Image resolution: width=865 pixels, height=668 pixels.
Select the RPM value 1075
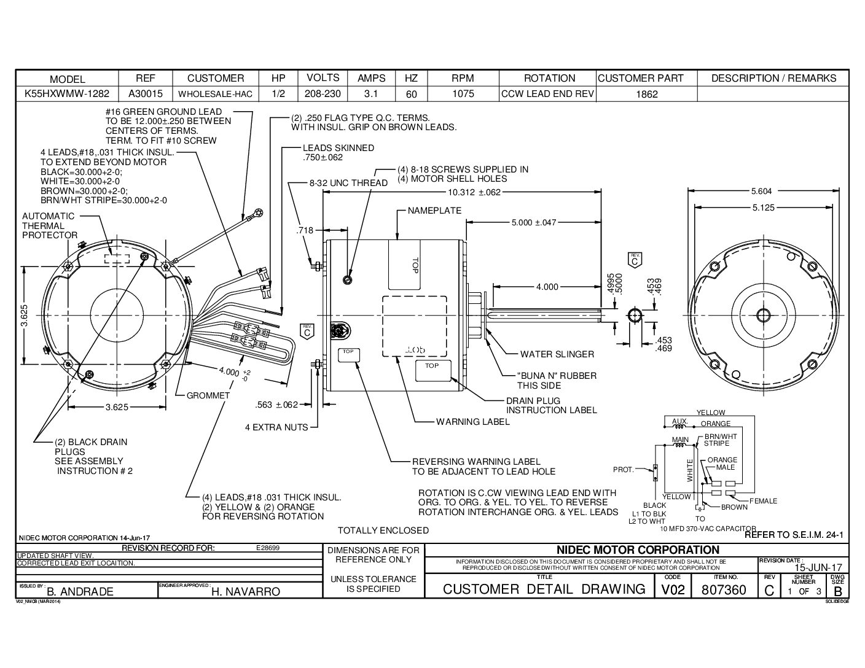(x=463, y=94)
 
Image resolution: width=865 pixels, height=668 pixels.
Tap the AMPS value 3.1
(x=371, y=94)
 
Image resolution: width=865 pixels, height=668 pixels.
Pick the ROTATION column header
(x=549, y=78)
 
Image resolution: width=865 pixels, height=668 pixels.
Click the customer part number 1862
(x=647, y=94)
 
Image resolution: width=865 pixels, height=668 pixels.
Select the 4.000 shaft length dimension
(x=547, y=287)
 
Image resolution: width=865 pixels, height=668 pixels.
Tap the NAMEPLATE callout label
(x=434, y=211)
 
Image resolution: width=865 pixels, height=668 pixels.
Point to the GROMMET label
(x=208, y=395)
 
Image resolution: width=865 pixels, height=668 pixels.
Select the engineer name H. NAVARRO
(x=246, y=592)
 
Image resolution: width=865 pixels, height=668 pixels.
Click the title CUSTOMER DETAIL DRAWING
(x=544, y=589)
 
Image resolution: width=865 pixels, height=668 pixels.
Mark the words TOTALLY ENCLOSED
(x=383, y=530)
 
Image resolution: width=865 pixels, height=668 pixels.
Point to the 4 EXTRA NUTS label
(x=276, y=427)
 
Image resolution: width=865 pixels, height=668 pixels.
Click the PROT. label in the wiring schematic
(x=623, y=470)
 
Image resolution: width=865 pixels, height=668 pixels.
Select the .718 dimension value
(x=305, y=230)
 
